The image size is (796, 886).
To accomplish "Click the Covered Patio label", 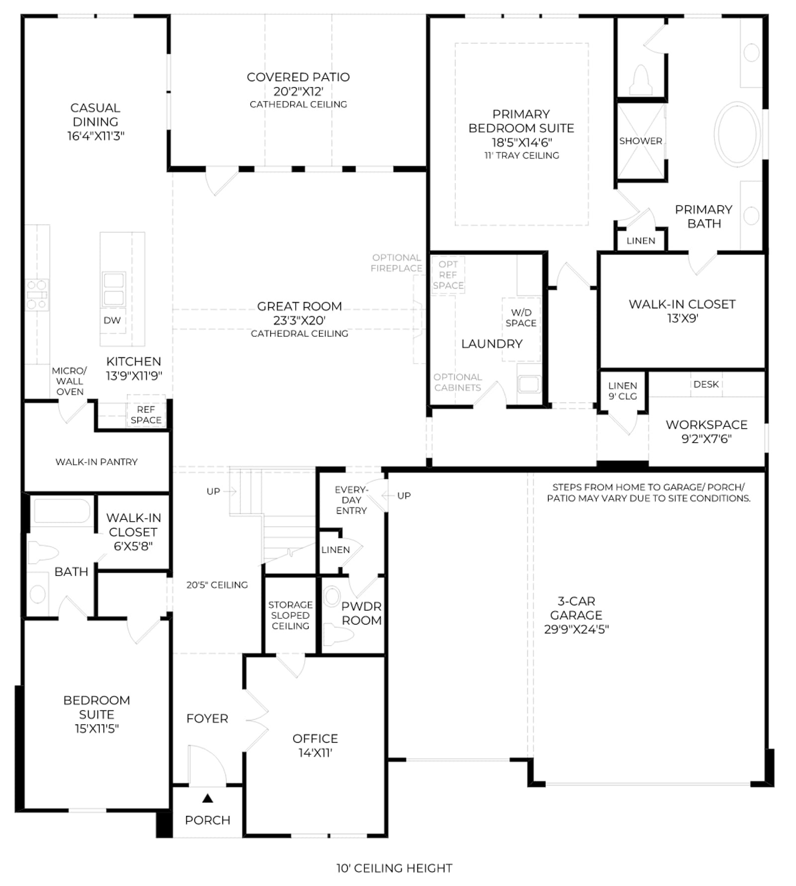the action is click(x=298, y=77).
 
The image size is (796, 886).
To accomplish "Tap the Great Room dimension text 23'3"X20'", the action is click(x=299, y=320).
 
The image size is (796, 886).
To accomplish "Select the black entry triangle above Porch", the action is click(x=207, y=798).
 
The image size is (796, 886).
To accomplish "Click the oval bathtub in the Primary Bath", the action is click(x=737, y=134).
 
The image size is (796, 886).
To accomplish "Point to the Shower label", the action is click(x=640, y=141).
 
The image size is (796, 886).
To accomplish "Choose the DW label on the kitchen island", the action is click(x=112, y=320).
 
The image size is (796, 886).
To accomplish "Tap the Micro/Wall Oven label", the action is click(x=70, y=381).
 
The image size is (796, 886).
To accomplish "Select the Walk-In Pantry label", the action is click(x=97, y=462).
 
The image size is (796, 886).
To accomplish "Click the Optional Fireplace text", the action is click(x=397, y=263).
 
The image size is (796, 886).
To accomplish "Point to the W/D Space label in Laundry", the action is click(x=521, y=317).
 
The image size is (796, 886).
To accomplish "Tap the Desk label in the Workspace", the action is click(x=706, y=384).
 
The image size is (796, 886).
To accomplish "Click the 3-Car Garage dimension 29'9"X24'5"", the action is click(x=576, y=629).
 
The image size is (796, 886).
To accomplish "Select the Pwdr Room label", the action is click(x=362, y=613).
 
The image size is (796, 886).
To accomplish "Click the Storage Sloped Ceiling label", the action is click(x=291, y=615).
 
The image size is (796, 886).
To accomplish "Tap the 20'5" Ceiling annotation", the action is click(x=217, y=585).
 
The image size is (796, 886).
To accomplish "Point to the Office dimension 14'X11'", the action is click(x=315, y=753).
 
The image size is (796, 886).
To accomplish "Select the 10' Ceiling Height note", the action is click(x=395, y=868).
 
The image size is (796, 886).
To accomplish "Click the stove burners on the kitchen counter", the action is click(x=37, y=295).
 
